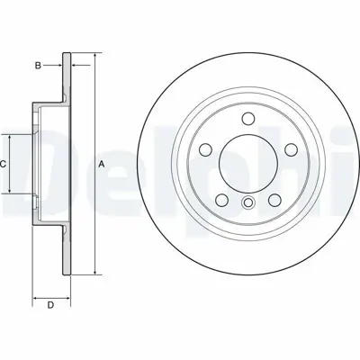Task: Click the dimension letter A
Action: pos(102,164)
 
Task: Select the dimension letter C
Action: pos(4,165)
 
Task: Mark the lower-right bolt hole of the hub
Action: pos(276,199)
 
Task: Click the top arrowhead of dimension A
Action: pos(94,57)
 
